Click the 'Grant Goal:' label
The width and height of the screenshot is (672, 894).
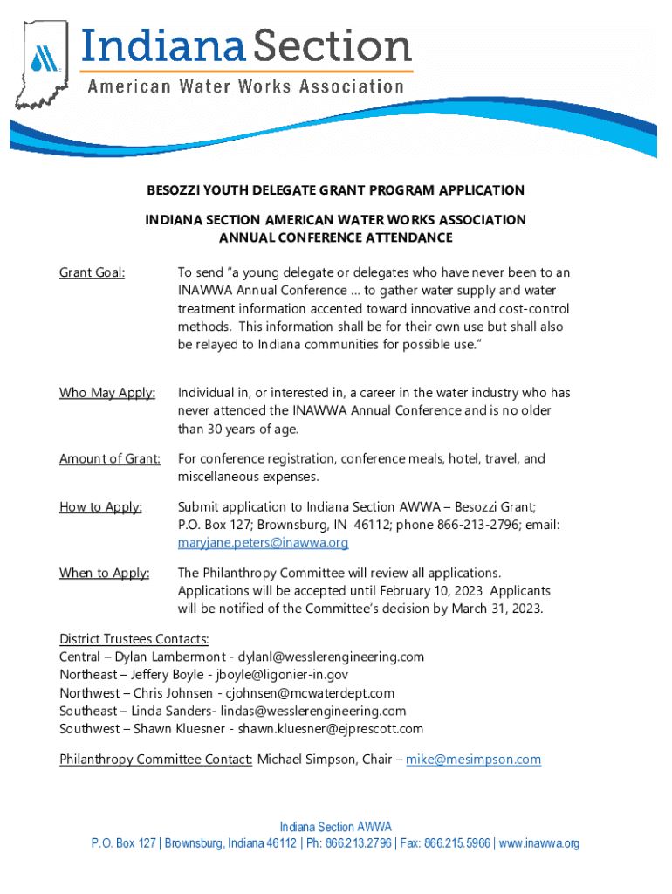point(92,273)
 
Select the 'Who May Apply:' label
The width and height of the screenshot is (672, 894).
point(107,393)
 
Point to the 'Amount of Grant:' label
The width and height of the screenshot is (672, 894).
point(110,458)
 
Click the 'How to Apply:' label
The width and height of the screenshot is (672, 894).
point(100,507)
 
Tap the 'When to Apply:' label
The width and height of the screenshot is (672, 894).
point(104,573)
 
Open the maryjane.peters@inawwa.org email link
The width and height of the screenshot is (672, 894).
point(263,543)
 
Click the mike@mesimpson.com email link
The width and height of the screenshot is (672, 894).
point(473,760)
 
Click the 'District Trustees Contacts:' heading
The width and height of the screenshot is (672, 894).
point(134,639)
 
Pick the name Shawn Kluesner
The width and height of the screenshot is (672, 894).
point(175,729)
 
